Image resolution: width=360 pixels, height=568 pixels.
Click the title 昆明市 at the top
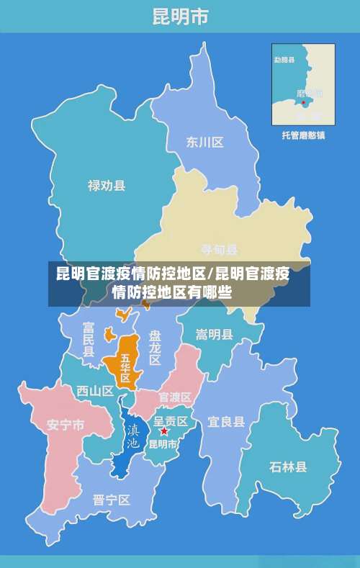[180, 16]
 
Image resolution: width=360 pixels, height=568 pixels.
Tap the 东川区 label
[205, 142]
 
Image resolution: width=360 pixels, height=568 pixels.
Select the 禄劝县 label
[107, 186]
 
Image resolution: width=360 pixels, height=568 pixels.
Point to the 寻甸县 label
[220, 250]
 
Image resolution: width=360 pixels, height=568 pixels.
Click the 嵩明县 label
[215, 334]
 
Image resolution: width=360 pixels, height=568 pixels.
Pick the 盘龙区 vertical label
[155, 348]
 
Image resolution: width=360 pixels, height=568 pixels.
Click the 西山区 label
[95, 391]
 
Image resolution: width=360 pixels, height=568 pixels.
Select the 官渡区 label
[175, 397]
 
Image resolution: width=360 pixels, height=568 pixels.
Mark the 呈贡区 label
[171, 420]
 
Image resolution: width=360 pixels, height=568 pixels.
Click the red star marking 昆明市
[164, 431]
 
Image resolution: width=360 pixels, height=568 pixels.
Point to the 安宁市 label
[66, 424]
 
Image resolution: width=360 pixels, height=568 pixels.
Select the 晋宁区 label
[112, 499]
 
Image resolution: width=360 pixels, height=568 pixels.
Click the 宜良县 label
[226, 421]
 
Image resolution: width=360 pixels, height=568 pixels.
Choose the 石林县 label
[288, 466]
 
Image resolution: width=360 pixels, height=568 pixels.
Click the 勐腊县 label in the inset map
[285, 60]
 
